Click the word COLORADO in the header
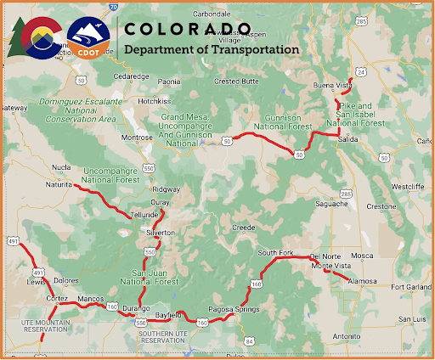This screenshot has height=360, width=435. click(x=188, y=29)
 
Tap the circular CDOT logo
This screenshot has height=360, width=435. click(x=89, y=38)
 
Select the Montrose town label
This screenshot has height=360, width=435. click(x=137, y=137)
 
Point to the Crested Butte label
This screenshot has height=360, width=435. click(x=235, y=81)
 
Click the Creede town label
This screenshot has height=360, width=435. click(x=243, y=228)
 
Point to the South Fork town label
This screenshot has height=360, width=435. click(x=274, y=253)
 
